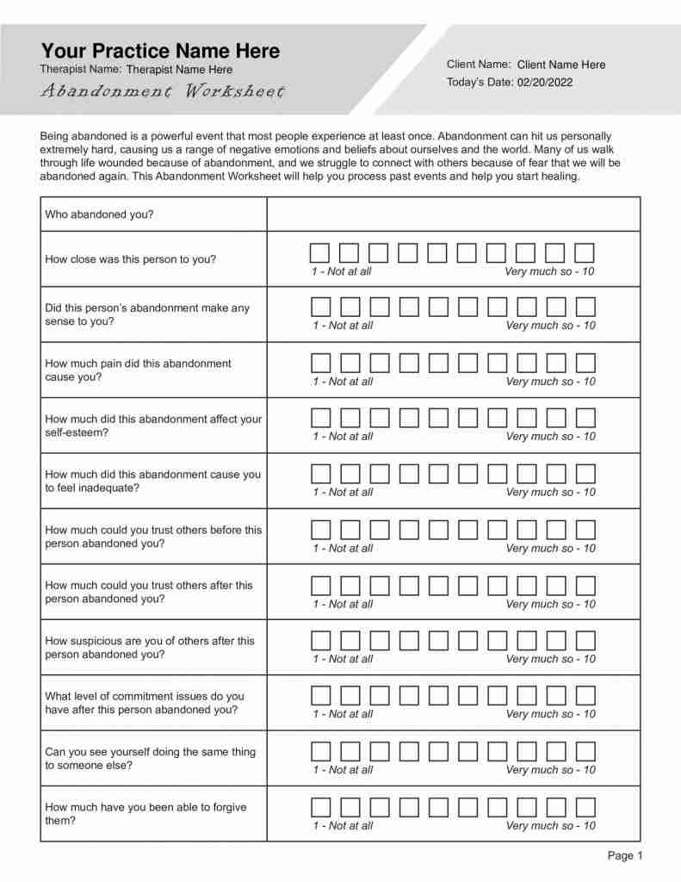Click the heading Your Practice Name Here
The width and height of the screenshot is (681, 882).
(x=160, y=51)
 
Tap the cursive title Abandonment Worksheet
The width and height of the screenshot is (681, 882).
(x=163, y=91)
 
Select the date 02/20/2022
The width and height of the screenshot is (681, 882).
(x=545, y=83)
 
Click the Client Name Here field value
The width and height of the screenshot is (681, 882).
(x=561, y=65)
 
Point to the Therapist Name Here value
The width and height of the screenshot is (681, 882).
(x=179, y=70)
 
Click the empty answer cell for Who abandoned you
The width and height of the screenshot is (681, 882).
(x=453, y=214)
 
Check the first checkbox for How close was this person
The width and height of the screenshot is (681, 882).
(x=319, y=252)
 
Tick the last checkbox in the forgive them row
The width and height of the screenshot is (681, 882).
(x=585, y=807)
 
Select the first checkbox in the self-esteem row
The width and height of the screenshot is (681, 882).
(x=320, y=419)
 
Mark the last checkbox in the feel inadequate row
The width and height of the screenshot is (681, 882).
(x=585, y=474)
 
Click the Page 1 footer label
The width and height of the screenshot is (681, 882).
(x=625, y=855)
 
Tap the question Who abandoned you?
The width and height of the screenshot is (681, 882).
(x=99, y=214)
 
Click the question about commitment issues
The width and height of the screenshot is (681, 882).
(x=145, y=703)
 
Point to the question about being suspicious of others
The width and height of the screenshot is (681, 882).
(x=150, y=648)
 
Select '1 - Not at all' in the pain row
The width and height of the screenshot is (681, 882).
(x=343, y=382)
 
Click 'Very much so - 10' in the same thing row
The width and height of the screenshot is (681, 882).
(x=550, y=770)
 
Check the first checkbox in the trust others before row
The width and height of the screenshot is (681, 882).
(x=320, y=530)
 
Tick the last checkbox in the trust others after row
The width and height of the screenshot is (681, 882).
(x=585, y=586)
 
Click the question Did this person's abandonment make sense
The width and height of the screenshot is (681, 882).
(x=147, y=314)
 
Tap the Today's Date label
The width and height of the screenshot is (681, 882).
(x=479, y=83)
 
